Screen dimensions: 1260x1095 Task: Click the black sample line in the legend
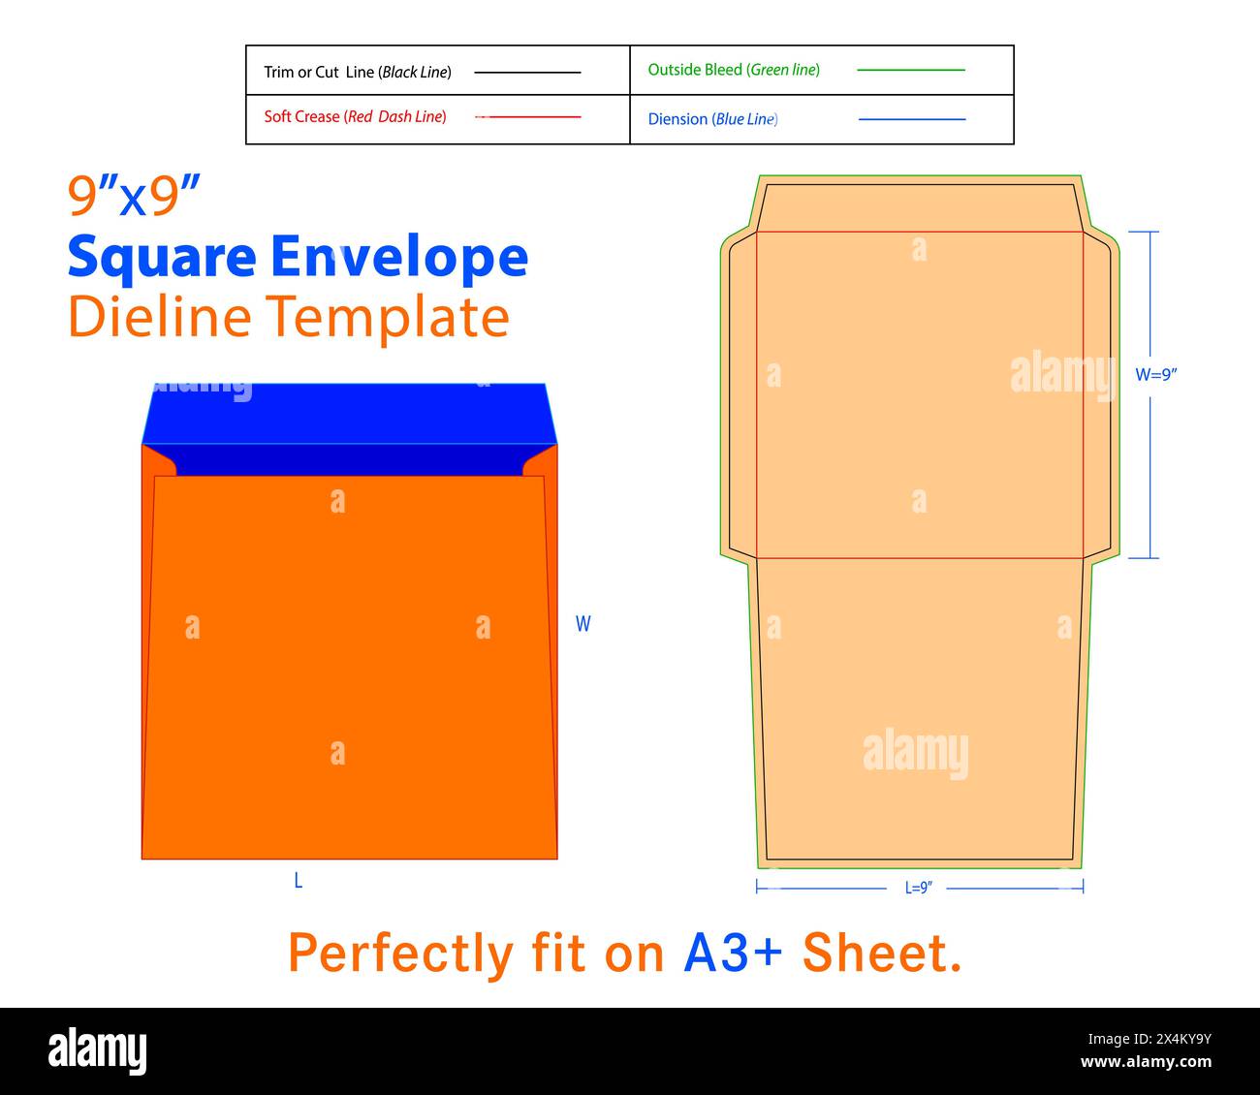point(527,73)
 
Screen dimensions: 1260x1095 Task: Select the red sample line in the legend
point(528,117)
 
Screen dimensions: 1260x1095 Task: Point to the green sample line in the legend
point(911,70)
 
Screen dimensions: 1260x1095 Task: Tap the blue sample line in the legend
point(912,119)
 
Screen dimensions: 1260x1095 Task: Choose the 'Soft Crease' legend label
point(301,116)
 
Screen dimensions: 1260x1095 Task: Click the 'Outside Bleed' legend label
point(695,70)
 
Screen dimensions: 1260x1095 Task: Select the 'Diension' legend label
point(677,119)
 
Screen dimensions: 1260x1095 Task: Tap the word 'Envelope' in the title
point(399,255)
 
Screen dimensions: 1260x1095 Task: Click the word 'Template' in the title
point(388,319)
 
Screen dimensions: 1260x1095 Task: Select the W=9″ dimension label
point(1156,375)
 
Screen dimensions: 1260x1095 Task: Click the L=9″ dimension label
point(918,888)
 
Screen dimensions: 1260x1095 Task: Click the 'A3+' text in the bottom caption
point(733,953)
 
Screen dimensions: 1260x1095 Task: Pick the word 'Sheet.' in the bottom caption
point(881,953)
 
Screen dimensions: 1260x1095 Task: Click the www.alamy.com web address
point(1146,1062)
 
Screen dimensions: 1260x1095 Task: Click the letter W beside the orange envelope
point(583,623)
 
